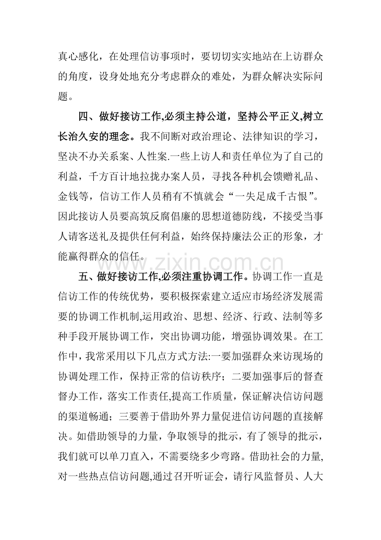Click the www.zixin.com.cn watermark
point(190,262)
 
